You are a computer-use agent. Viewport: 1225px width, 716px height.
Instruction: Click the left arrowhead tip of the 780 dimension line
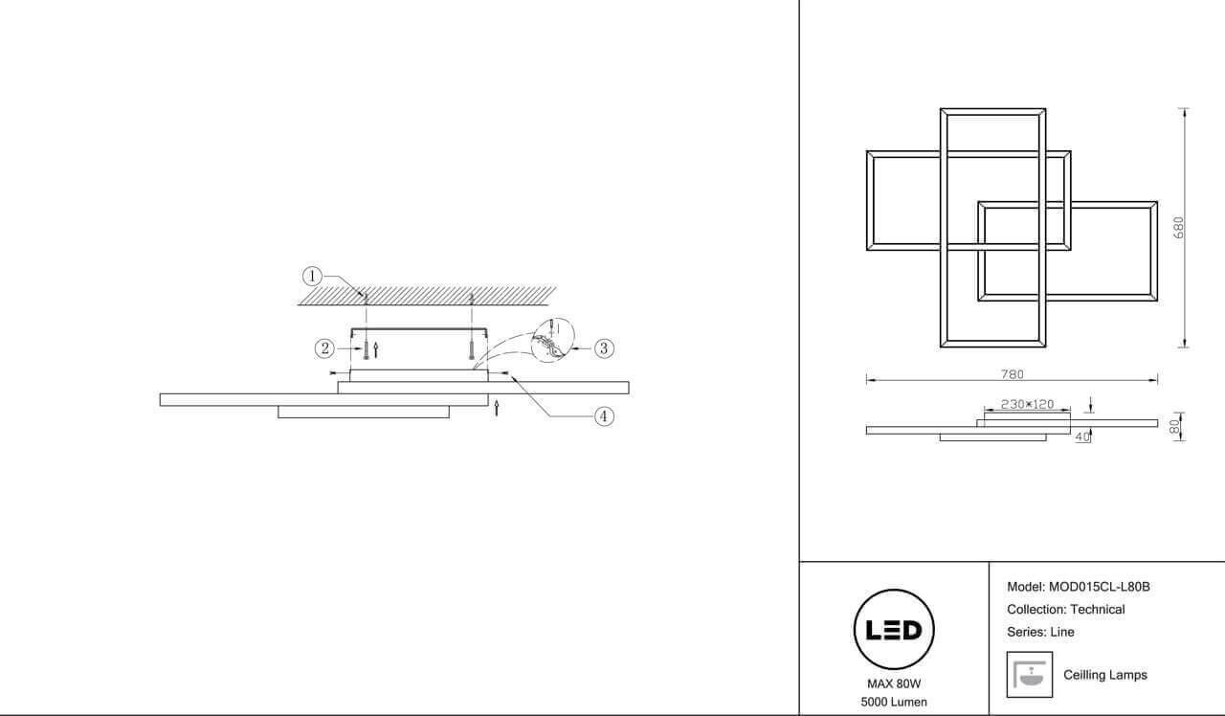click(x=867, y=380)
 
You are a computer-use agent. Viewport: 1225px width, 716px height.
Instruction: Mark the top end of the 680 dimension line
click(x=1185, y=109)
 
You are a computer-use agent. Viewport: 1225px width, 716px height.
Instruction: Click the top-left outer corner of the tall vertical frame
click(x=940, y=108)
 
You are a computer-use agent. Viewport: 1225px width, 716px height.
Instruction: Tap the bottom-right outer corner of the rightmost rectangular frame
click(x=1157, y=301)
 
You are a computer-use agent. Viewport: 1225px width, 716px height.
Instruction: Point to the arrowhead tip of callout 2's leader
click(x=363, y=348)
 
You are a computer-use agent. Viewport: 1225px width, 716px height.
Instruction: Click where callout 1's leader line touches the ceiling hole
click(x=365, y=297)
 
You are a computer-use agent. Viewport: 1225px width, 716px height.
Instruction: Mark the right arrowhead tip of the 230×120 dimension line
click(x=1070, y=410)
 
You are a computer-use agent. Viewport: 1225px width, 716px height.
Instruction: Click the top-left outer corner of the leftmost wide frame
click(x=866, y=151)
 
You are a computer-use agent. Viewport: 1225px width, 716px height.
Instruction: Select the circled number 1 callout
click(x=312, y=277)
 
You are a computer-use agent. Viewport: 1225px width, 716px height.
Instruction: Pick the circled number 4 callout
click(x=604, y=416)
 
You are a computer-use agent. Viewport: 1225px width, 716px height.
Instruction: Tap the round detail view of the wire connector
click(x=553, y=340)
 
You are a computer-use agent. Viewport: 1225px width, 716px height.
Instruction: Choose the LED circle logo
click(x=894, y=630)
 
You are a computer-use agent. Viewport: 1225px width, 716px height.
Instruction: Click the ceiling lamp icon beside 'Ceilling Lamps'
click(x=1029, y=675)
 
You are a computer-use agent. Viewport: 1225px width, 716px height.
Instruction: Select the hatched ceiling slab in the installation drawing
click(x=427, y=296)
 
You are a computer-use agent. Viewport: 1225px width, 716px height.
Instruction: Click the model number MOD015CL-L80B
click(x=1100, y=587)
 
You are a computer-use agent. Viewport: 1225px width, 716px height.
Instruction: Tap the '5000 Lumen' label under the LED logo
click(x=894, y=702)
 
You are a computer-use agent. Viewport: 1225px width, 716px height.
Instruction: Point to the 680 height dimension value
click(x=1178, y=228)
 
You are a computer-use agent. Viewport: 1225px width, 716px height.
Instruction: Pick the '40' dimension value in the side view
click(x=1082, y=437)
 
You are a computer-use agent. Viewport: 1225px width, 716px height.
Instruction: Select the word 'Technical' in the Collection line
click(x=1097, y=610)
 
